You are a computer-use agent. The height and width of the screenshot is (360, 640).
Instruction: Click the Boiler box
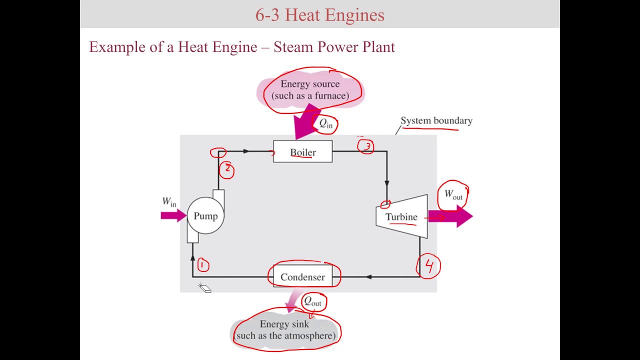click(x=302, y=152)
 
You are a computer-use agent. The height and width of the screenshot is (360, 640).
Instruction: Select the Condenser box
click(x=302, y=277)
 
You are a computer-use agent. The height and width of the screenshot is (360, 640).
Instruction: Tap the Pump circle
click(x=205, y=216)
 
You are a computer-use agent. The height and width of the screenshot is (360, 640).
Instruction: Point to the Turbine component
click(x=402, y=216)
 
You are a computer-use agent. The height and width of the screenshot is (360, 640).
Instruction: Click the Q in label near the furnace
click(x=326, y=123)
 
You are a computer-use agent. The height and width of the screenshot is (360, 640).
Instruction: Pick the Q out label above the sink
click(x=313, y=301)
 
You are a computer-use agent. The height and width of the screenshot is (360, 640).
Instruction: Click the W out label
click(x=453, y=194)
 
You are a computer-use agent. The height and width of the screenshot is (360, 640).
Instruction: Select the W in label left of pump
click(x=169, y=202)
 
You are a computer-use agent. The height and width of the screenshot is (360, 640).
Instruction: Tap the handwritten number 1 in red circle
click(x=202, y=265)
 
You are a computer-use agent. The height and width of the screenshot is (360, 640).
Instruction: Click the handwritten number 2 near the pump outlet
click(x=227, y=169)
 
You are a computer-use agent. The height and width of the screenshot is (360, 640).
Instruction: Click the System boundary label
click(x=436, y=120)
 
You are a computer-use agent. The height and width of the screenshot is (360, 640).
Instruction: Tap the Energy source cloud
click(x=310, y=90)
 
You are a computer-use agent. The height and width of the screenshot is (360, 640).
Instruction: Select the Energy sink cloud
click(x=285, y=330)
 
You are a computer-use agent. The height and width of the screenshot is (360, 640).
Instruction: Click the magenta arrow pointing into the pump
click(x=173, y=215)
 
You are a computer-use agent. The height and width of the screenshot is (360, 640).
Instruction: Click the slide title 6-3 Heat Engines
click(x=320, y=15)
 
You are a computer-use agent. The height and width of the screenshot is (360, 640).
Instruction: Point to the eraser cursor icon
click(x=205, y=288)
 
